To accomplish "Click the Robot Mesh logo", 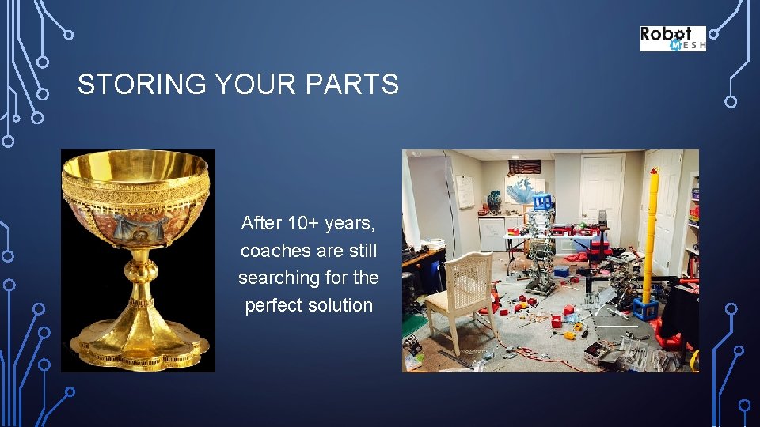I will [x=672, y=38].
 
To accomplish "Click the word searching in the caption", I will [x=278, y=278].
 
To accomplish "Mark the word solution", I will [x=342, y=305].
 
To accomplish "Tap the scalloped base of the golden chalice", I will [x=139, y=349].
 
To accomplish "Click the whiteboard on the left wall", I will [x=464, y=191].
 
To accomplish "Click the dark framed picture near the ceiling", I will [x=523, y=167].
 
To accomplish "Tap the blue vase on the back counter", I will [x=494, y=201].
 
